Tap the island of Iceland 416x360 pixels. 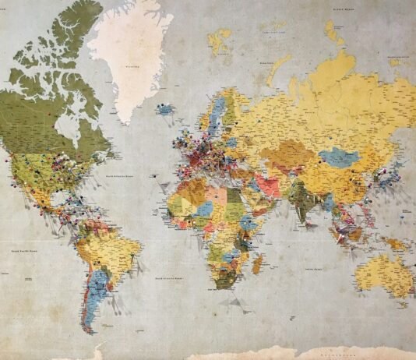point(166,110)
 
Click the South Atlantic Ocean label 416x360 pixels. point(168,277)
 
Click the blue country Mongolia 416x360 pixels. point(340,157)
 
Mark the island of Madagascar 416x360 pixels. point(258,264)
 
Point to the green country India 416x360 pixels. point(299,195)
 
